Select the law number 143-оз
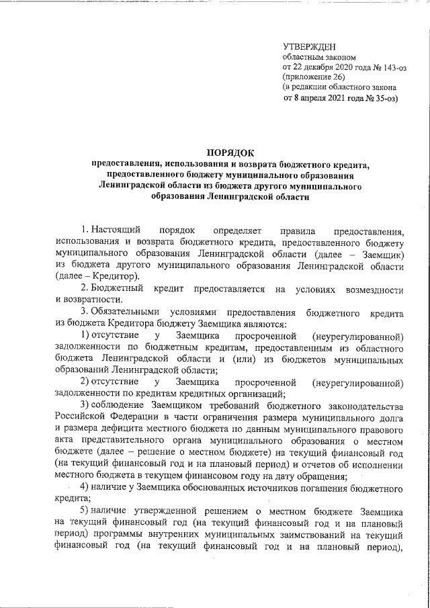[380, 67]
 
